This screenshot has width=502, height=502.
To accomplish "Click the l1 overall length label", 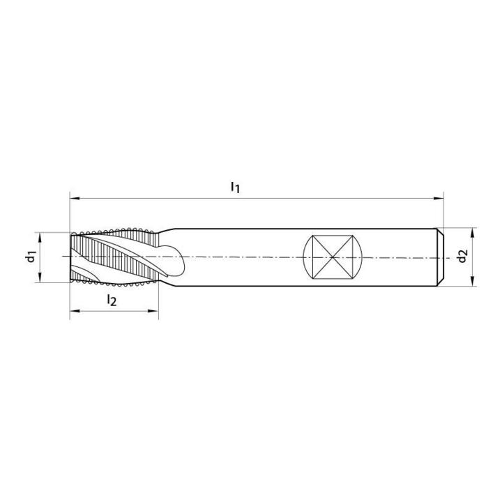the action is pos(236,187).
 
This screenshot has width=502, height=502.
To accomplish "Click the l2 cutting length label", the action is pos(112,300).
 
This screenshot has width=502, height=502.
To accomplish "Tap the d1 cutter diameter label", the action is pos(31,257).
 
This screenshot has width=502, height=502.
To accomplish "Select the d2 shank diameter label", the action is pos(463,256).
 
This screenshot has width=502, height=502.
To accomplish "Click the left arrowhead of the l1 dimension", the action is pos(75,199).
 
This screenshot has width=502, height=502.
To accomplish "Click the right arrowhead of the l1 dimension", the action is pos(439,199).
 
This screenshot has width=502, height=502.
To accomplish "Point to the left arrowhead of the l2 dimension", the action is pos(75,310).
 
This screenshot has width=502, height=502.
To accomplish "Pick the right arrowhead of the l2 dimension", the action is pos(153,310).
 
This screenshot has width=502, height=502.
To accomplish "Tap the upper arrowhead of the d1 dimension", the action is pos(40,237).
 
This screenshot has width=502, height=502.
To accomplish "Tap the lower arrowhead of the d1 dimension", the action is pos(40,277).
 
